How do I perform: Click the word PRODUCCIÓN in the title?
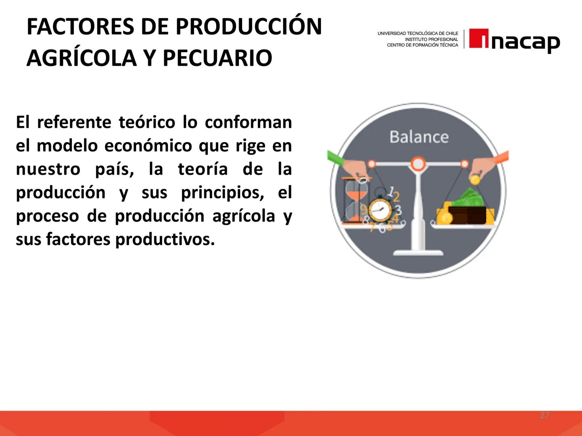point(249,27)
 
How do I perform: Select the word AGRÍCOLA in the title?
point(81,58)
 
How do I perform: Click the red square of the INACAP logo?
point(479,39)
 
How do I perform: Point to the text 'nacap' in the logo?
point(525,42)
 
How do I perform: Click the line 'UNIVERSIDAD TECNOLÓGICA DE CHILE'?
point(418,34)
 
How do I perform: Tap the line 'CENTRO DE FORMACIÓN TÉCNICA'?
point(422,45)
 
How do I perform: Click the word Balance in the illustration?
point(419,137)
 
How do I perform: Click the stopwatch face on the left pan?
point(379,210)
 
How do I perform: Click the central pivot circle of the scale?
point(418,163)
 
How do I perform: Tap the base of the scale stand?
point(418,253)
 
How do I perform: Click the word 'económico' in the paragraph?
point(148,145)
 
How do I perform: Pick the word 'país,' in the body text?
point(114,169)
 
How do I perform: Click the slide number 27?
point(545,415)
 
